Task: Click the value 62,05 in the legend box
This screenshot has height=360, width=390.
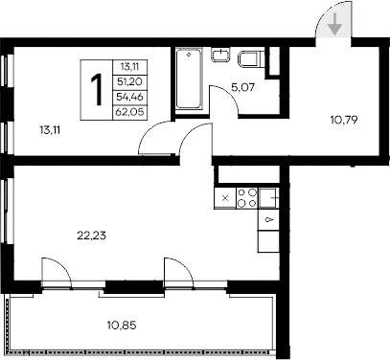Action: [x=126, y=110]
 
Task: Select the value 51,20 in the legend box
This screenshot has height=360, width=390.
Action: [x=126, y=81]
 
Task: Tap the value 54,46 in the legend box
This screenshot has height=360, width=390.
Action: [x=126, y=96]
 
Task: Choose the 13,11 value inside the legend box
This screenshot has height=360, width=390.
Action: [x=126, y=66]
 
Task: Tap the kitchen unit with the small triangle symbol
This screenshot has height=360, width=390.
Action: [x=269, y=220]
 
